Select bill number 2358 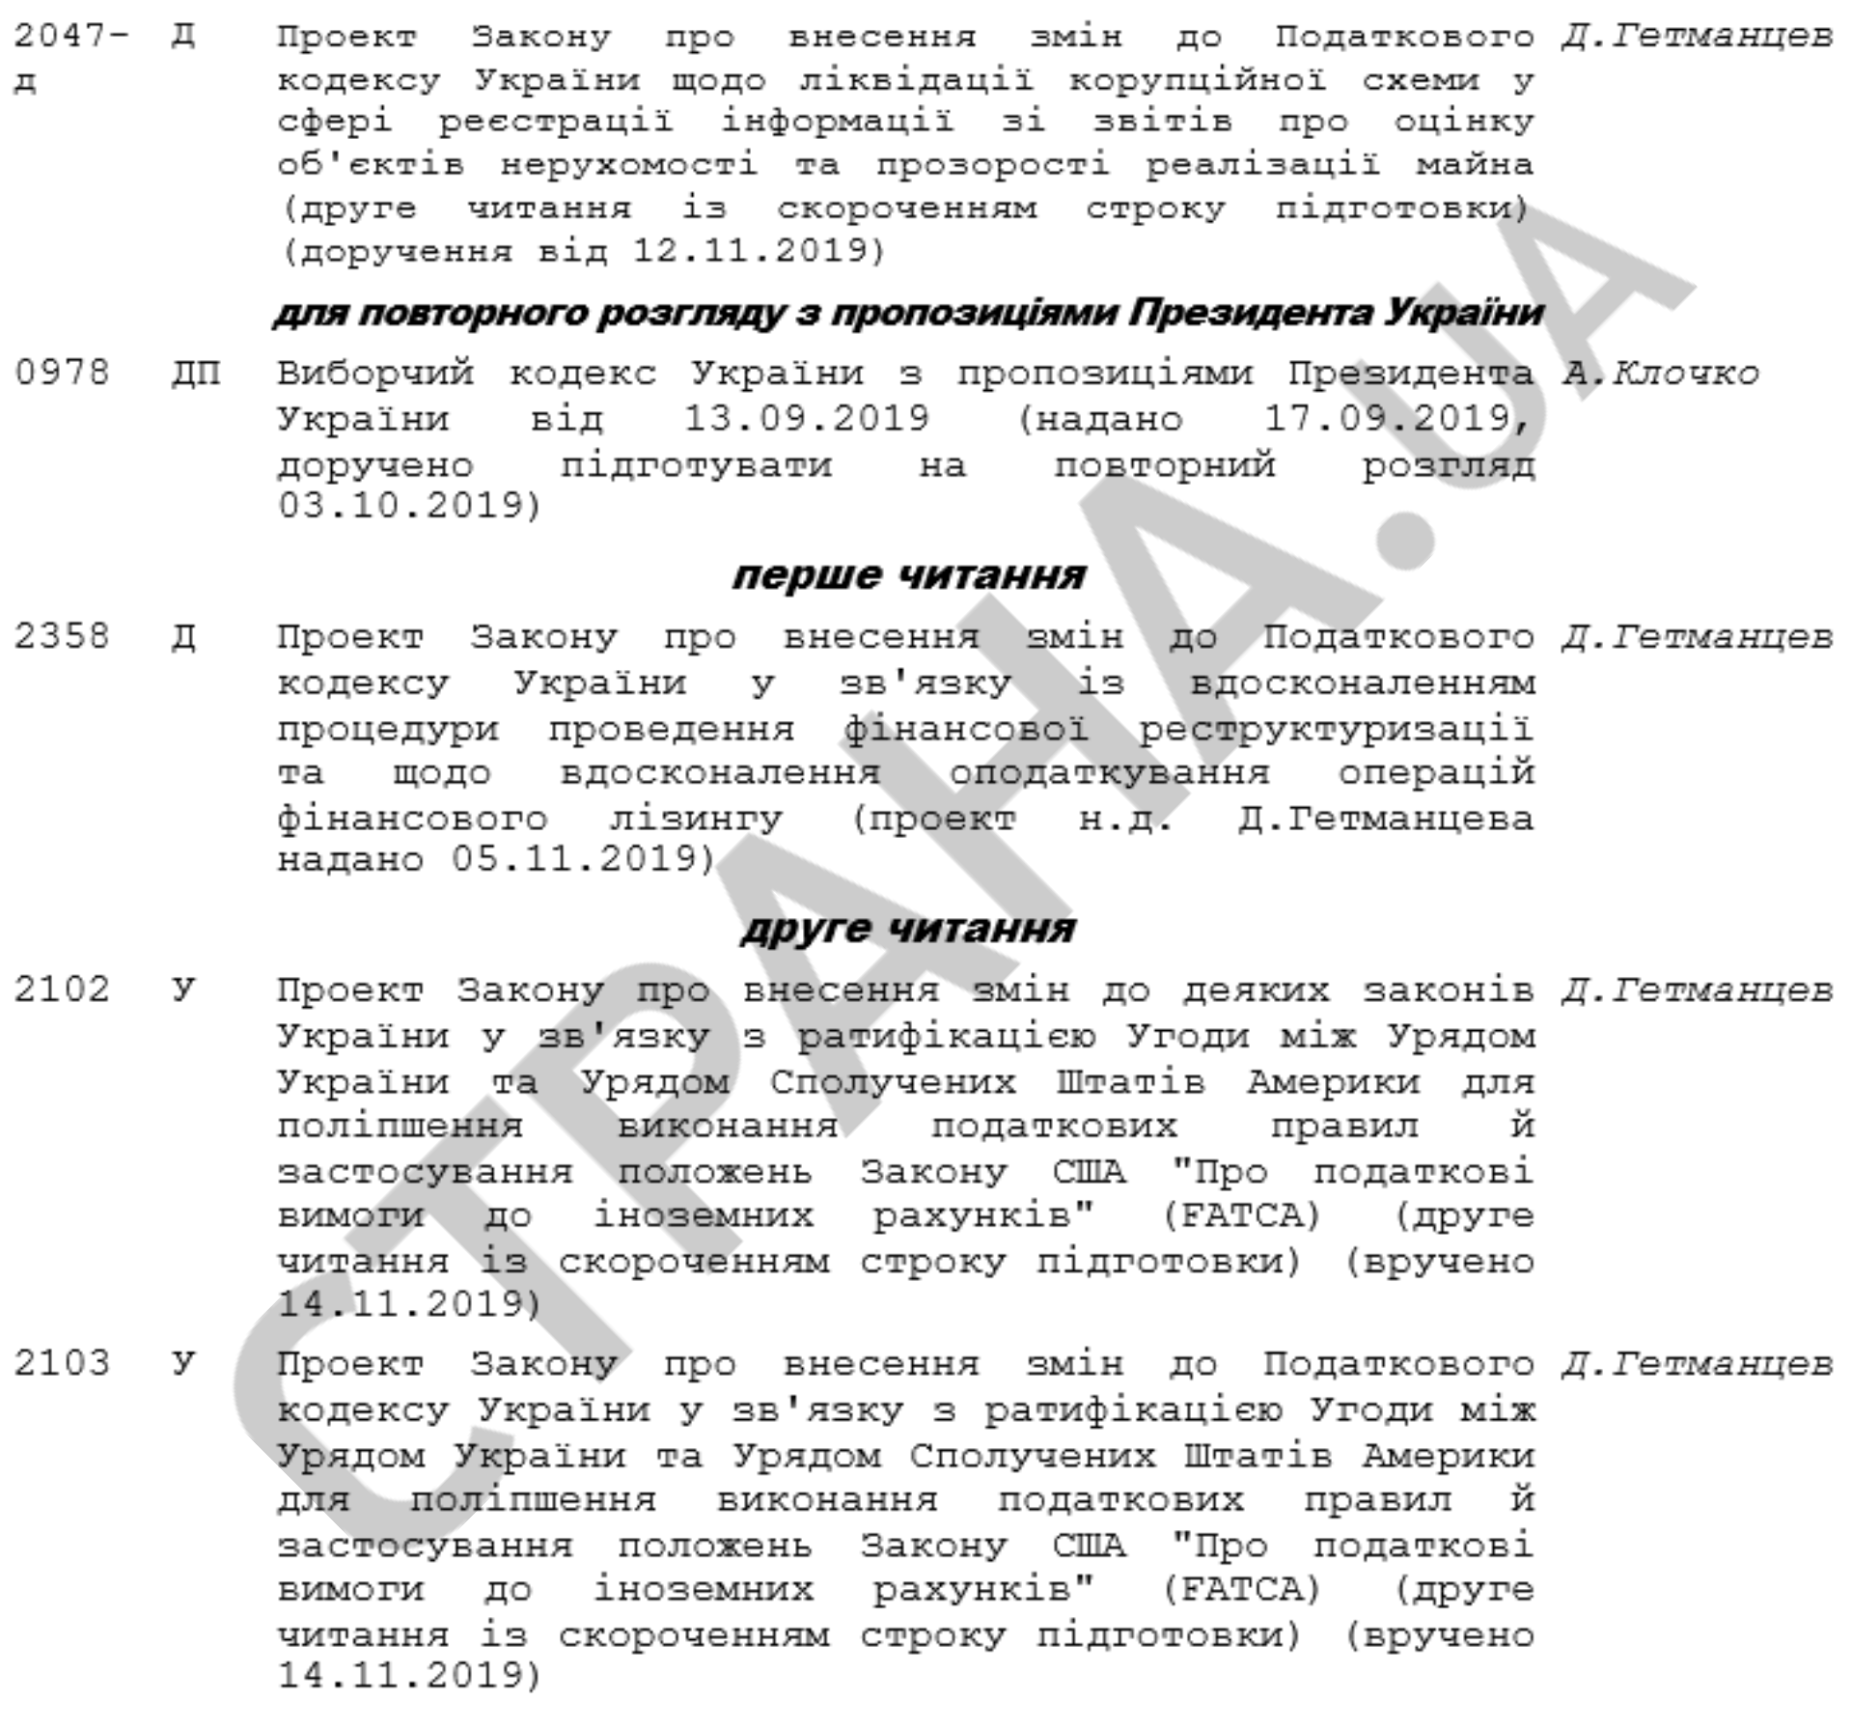click(x=62, y=637)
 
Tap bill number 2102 click(x=62, y=989)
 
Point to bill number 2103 click(x=62, y=1363)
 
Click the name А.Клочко click(x=1660, y=374)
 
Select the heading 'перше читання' click(x=909, y=575)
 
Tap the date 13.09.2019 click(x=806, y=419)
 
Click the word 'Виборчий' click(x=375, y=374)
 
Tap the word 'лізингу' click(x=695, y=820)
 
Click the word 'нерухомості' click(x=628, y=164)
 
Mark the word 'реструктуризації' click(x=1336, y=729)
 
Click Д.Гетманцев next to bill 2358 click(x=1697, y=637)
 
